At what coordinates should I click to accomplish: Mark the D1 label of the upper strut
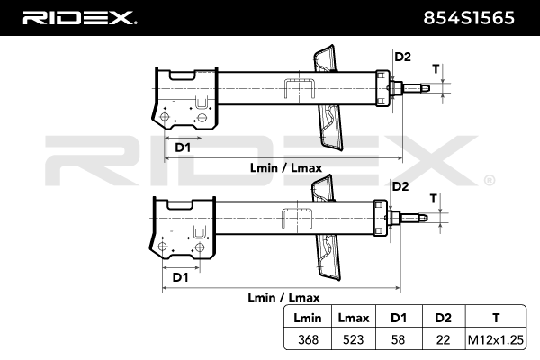(181, 148)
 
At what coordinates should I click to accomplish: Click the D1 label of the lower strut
(180, 277)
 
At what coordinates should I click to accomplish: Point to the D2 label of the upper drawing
(402, 58)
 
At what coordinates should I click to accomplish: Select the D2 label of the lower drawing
(400, 186)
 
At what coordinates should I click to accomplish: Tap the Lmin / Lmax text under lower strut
(282, 297)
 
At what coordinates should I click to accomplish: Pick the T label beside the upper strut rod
(435, 69)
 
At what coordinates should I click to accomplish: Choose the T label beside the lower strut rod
(433, 198)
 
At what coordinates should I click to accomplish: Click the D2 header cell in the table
(443, 318)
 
